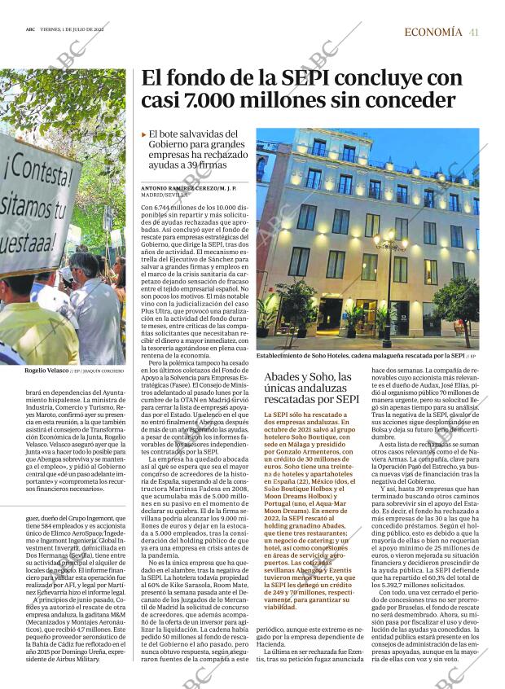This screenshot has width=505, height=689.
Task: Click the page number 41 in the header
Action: coord(473,32)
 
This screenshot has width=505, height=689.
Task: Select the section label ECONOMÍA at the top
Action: coord(433,32)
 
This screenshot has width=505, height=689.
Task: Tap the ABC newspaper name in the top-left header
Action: coord(30,32)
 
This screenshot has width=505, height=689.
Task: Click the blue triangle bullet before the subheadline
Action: coord(144,134)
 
